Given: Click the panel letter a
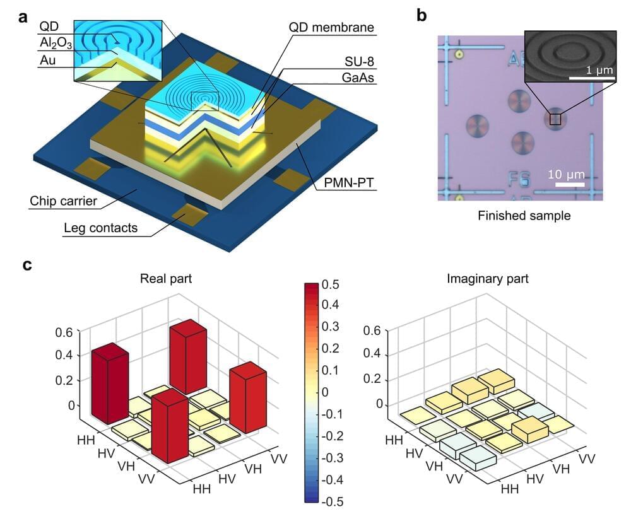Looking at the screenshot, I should [23, 17].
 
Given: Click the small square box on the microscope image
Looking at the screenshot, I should [555, 119].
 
